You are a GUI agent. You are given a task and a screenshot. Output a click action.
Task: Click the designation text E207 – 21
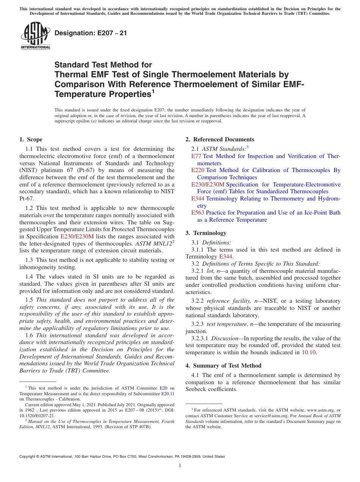click(x=91, y=33)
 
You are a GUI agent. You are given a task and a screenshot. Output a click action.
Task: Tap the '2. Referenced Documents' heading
click(x=220, y=139)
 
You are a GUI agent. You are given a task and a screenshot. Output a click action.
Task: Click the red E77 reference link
click(x=196, y=156)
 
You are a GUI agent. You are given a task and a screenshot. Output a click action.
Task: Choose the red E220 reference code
click(x=198, y=170)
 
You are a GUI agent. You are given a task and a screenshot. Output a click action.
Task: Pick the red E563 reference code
click(x=198, y=213)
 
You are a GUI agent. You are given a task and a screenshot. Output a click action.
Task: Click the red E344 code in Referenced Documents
click(x=198, y=199)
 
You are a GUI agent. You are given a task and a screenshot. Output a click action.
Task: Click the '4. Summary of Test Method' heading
click(x=223, y=366)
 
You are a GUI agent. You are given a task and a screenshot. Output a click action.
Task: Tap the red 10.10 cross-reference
click(x=308, y=352)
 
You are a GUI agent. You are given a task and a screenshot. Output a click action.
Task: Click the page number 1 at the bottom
click(x=180, y=466)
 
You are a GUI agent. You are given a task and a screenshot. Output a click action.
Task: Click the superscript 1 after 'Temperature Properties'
click(x=153, y=91)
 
